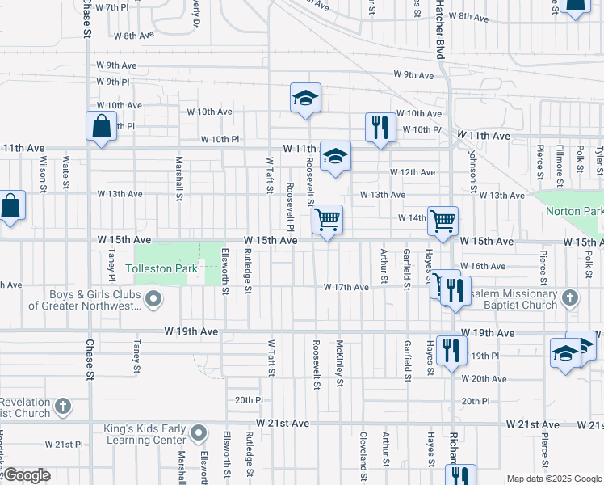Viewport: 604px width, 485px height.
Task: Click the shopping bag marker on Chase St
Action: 101,127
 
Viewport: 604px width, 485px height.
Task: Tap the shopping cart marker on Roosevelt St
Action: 327,220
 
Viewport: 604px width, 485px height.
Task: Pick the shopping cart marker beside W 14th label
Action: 443,220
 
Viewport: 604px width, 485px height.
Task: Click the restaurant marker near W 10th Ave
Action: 380,127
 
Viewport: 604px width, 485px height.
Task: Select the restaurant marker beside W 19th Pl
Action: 451,350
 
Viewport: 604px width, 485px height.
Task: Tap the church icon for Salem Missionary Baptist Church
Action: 570,297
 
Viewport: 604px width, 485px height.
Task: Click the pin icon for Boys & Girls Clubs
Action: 153,301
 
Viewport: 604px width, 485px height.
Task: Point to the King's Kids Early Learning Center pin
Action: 198,434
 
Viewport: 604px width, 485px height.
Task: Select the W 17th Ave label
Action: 346,287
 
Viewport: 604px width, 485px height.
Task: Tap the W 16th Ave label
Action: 483,266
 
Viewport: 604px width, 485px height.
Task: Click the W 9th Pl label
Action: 113,82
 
